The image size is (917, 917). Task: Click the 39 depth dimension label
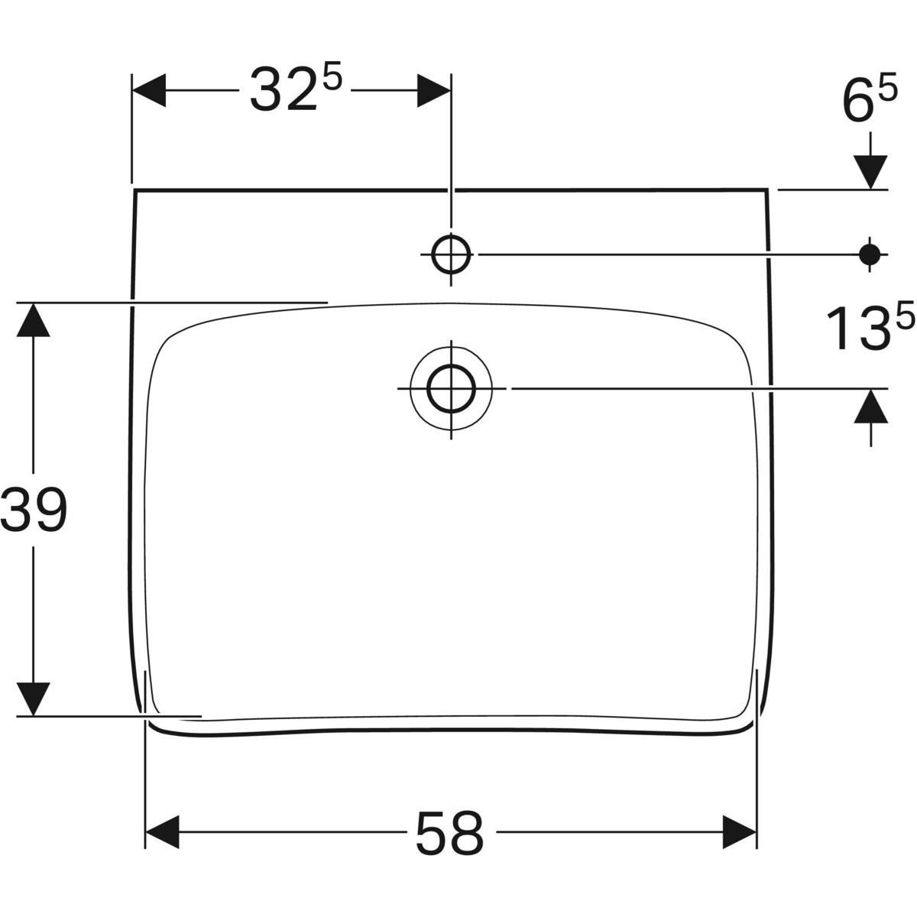click(34, 510)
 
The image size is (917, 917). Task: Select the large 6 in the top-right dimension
click(858, 103)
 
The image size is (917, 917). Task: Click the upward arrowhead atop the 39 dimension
click(33, 319)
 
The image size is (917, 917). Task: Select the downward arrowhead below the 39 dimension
click(33, 698)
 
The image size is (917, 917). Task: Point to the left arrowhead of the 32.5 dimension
click(150, 91)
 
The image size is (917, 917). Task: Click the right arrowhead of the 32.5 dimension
click(433, 91)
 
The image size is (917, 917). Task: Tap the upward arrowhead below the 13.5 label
click(871, 406)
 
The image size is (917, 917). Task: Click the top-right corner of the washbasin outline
click(767, 190)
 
